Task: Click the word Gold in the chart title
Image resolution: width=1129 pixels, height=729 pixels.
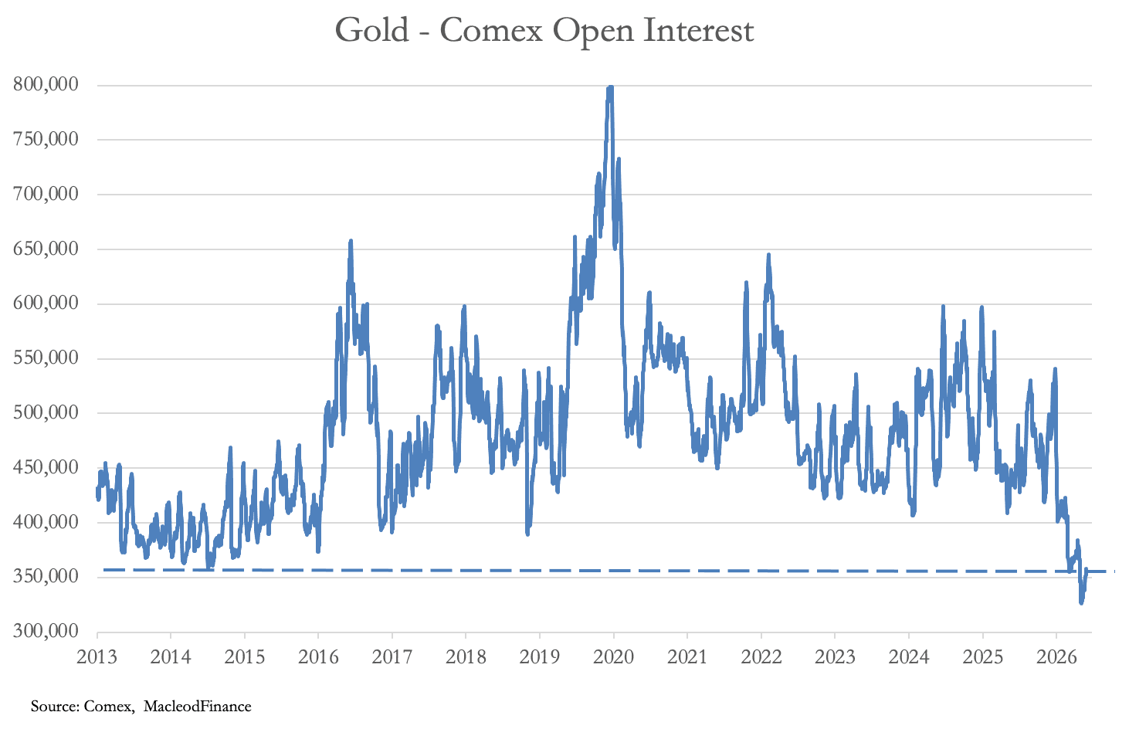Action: coord(372,30)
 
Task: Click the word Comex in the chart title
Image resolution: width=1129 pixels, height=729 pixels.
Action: coord(491,31)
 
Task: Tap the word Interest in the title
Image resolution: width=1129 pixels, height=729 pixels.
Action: coord(699,30)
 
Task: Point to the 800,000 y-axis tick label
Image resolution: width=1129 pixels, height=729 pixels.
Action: coord(46,85)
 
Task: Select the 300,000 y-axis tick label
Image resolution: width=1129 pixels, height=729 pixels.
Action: coord(46,631)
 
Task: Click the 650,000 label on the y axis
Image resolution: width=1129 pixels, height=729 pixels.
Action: coord(46,249)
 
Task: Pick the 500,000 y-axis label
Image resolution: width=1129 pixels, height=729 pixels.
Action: coord(46,412)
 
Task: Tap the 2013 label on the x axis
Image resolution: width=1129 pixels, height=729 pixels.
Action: coord(97,657)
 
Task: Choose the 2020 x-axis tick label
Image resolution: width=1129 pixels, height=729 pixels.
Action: coord(613,657)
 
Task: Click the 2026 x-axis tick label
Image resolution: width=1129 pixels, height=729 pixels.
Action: coord(1056,657)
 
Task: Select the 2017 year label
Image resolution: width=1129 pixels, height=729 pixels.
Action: coord(392,657)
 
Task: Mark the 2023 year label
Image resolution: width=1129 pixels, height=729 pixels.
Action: coord(835,657)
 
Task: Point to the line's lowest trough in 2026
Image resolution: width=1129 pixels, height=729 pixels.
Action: coord(1080,603)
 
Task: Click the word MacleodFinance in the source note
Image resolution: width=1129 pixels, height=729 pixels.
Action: coord(197,707)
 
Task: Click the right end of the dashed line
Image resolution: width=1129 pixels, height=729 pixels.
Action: coord(1114,571)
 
